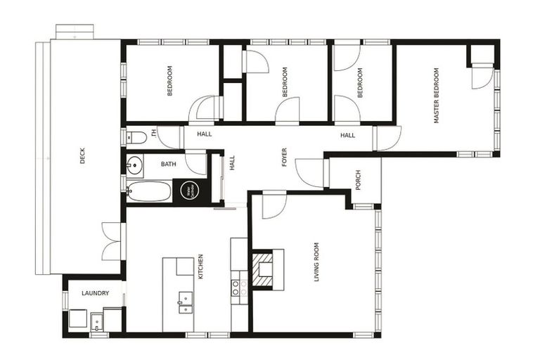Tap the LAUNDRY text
pos(94,293)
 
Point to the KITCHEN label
pos(200,267)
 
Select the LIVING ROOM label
pos(316,262)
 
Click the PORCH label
pos(357,180)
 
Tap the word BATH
pos(169,165)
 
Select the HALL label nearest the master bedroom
pos(348,135)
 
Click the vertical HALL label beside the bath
pos(232,163)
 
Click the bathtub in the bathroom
pos(149,191)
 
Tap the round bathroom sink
pos(134,165)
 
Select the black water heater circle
pos(188,190)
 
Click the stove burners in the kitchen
pos(240,288)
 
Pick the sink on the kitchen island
pos(186,303)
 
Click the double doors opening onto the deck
pos(112,241)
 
